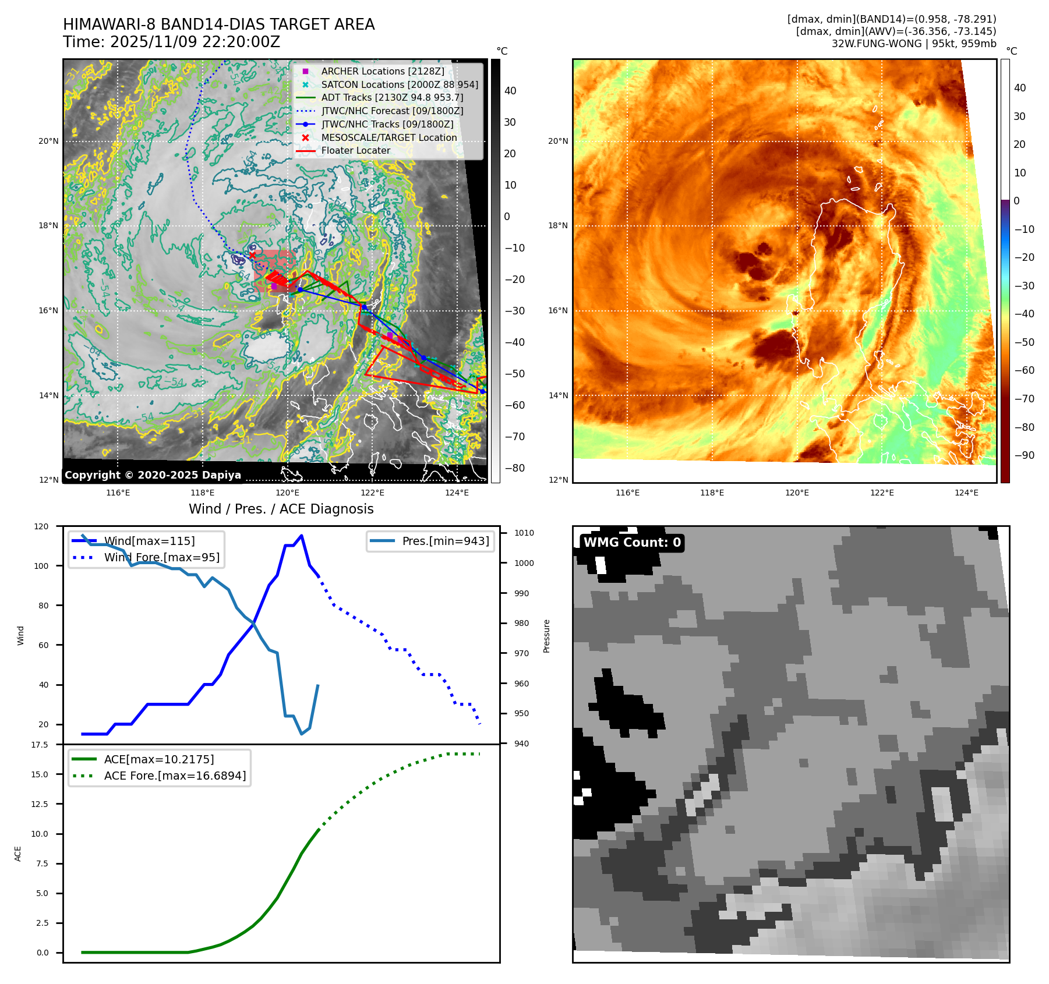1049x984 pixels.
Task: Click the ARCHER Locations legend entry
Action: pyautogui.click(x=382, y=71)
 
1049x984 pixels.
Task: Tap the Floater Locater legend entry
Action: pyautogui.click(x=355, y=150)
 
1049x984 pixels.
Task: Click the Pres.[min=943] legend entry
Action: pyautogui.click(x=445, y=541)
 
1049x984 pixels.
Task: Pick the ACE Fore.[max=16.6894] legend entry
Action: pyautogui.click(x=174, y=776)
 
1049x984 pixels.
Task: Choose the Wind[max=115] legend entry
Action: pyautogui.click(x=149, y=541)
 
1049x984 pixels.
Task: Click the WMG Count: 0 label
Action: pyautogui.click(x=632, y=543)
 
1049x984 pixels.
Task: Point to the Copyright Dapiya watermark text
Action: pyautogui.click(x=153, y=475)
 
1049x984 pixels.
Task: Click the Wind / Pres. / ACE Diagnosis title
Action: pyautogui.click(x=281, y=509)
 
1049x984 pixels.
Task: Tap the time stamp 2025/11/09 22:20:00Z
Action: pyautogui.click(x=195, y=43)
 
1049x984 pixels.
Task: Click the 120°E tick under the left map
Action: pyautogui.click(x=288, y=493)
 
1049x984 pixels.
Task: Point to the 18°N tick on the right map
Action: pyautogui.click(x=557, y=226)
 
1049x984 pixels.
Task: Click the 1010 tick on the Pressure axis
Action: pyautogui.click(x=524, y=533)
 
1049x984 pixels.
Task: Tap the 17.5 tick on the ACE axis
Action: pyautogui.click(x=40, y=745)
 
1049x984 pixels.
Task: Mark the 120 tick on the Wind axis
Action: pyautogui.click(x=41, y=526)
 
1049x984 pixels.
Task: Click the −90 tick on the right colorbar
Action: pyautogui.click(x=1024, y=455)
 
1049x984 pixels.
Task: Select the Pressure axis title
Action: pyautogui.click(x=546, y=636)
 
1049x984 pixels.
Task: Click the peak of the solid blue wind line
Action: pyautogui.click(x=301, y=536)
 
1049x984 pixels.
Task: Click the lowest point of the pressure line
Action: pyautogui.click(x=301, y=734)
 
